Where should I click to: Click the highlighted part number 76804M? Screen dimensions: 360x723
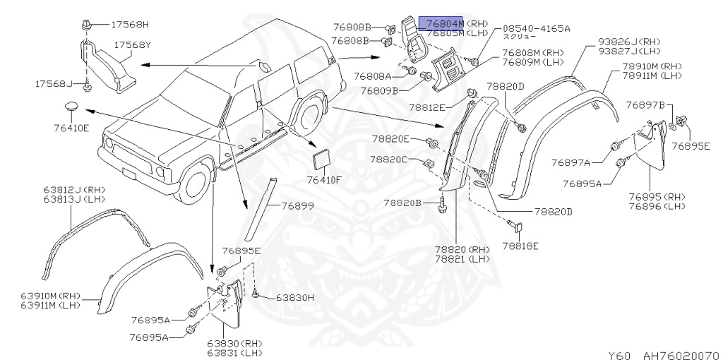440,22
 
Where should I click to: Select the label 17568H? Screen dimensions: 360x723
130,24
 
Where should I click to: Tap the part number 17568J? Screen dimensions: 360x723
54,83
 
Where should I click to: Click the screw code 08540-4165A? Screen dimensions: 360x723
535,28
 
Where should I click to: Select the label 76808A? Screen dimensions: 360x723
373,76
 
